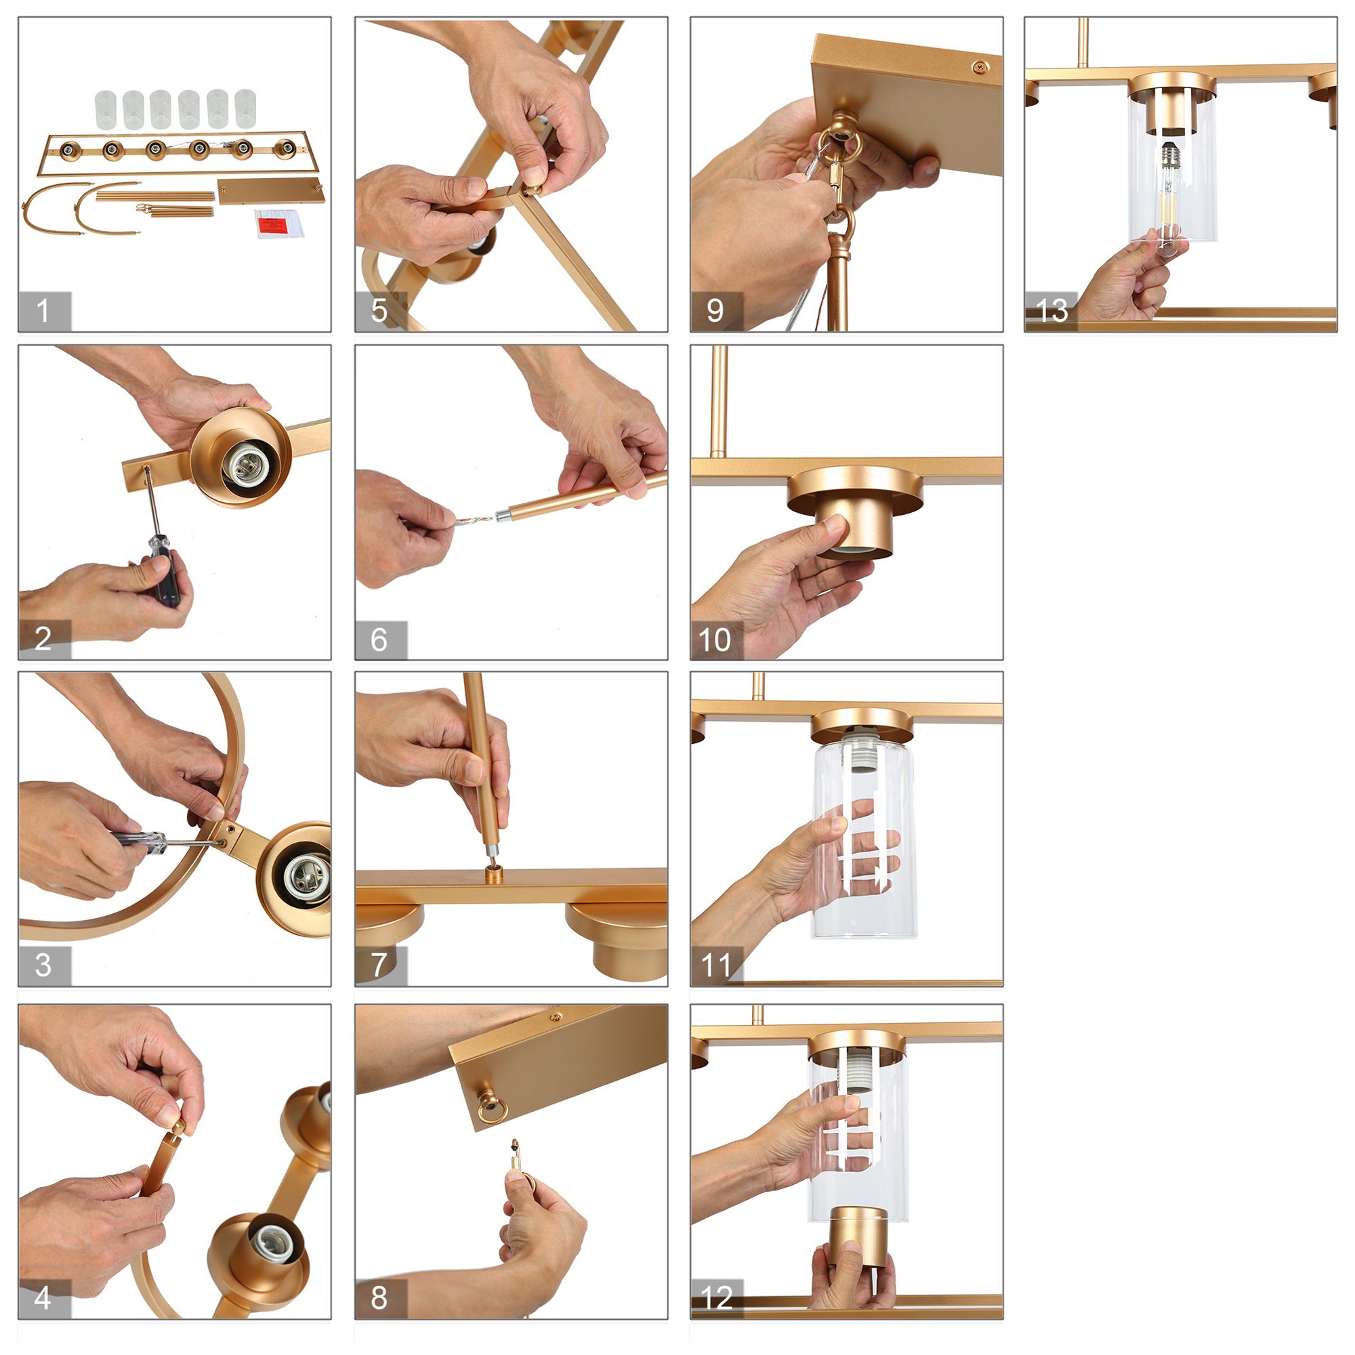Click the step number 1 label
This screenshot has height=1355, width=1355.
pyautogui.click(x=43, y=311)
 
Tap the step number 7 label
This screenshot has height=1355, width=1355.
pyautogui.click(x=379, y=965)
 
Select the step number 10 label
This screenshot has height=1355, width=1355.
pyautogui.click(x=715, y=640)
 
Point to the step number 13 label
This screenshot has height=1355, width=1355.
pyautogui.click(x=1051, y=311)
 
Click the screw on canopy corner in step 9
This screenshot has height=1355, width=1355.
pyautogui.click(x=980, y=67)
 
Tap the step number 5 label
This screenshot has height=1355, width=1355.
pyautogui.click(x=379, y=311)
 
